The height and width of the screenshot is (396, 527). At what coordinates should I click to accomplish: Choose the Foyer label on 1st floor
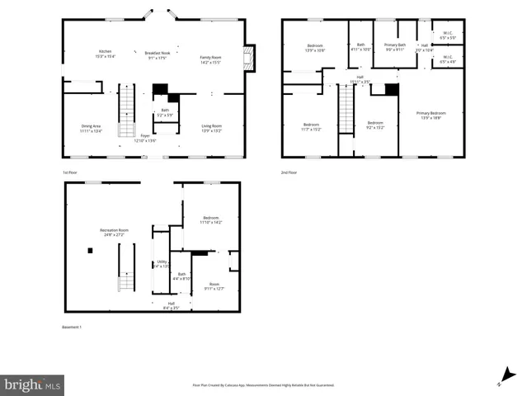coord(145,138)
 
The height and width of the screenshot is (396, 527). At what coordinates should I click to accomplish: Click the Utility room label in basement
coord(162,263)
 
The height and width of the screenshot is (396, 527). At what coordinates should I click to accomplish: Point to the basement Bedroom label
coord(211,219)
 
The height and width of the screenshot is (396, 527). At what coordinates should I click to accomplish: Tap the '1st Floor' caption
coord(70,172)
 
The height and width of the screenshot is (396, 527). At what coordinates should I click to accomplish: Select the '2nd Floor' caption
coord(289,172)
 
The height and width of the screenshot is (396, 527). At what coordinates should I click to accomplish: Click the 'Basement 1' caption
coord(72,328)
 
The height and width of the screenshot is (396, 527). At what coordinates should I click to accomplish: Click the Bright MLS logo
coord(32,384)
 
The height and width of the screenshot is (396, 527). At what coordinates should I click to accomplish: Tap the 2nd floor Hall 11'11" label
coord(360,79)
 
